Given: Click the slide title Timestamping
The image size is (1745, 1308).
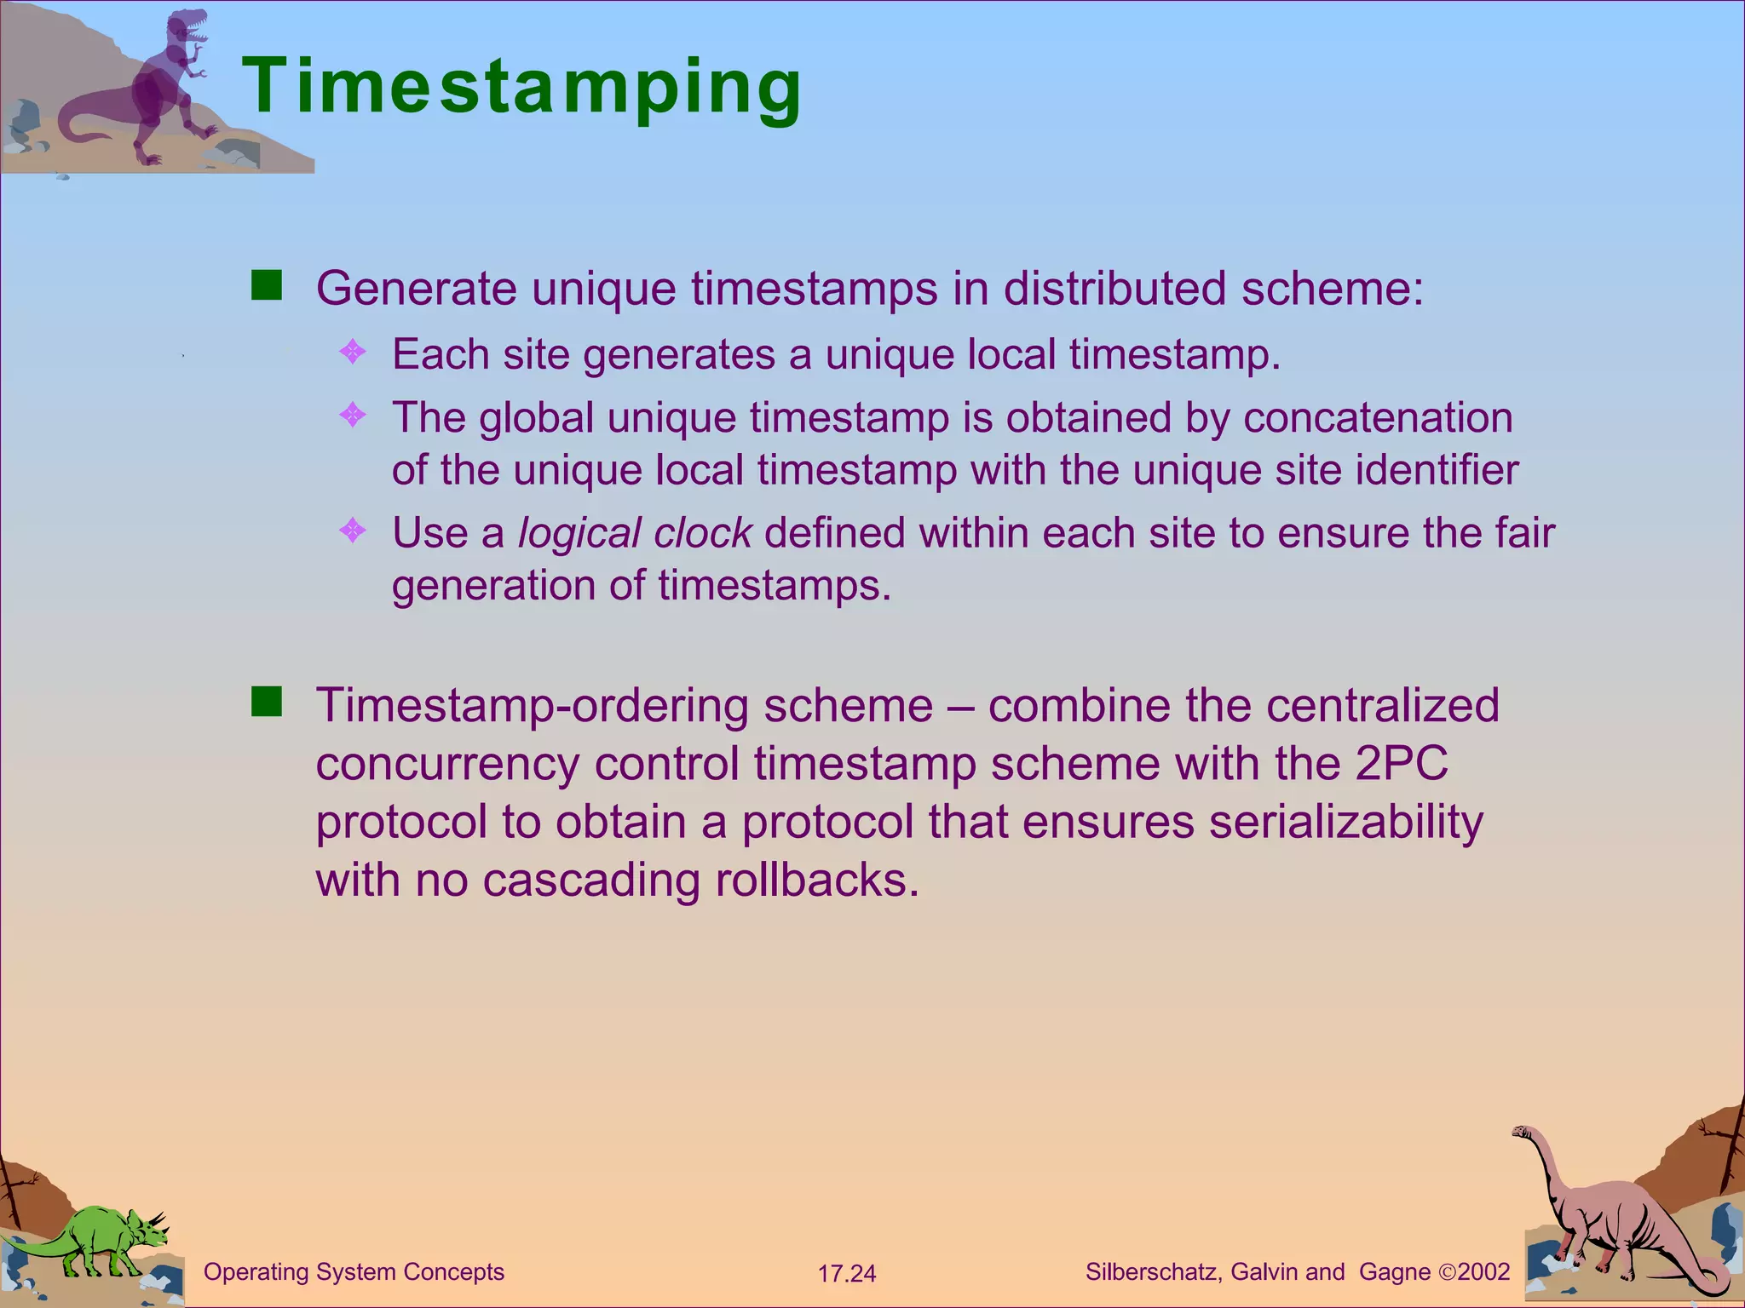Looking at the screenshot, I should pyautogui.click(x=521, y=87).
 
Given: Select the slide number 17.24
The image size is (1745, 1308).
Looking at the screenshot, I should pyautogui.click(x=846, y=1274).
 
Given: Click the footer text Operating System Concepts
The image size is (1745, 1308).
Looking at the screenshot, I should pyautogui.click(x=354, y=1272).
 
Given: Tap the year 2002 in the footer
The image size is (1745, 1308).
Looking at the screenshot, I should pyautogui.click(x=1483, y=1272).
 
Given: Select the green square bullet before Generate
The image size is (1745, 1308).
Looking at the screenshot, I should pyautogui.click(x=267, y=286).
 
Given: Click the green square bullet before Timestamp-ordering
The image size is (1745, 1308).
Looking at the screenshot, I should pyautogui.click(x=267, y=703).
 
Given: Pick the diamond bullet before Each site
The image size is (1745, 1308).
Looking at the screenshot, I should pyautogui.click(x=353, y=352).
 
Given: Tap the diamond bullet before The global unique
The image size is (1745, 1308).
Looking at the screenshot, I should pyautogui.click(x=353, y=416).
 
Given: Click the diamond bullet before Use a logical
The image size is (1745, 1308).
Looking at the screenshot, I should pyautogui.click(x=353, y=531).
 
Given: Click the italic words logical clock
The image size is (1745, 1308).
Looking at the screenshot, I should pyautogui.click(x=635, y=534).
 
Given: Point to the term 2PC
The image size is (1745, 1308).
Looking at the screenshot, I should pyautogui.click(x=1401, y=763).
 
